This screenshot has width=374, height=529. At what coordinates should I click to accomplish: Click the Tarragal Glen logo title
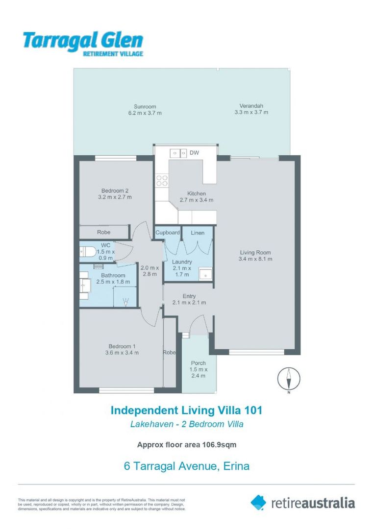83,41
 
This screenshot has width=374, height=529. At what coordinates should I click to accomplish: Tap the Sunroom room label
145,106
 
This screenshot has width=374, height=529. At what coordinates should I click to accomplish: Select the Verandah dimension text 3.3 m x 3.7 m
251,113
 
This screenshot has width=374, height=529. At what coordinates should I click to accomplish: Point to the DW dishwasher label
195,153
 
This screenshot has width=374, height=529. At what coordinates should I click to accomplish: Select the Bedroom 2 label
115,191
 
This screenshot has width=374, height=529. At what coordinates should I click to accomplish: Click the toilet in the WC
88,252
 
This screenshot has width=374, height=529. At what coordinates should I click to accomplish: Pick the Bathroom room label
113,275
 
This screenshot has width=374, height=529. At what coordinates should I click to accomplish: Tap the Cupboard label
168,232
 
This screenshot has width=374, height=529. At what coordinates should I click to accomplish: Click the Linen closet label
198,232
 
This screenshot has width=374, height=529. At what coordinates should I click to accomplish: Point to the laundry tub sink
205,274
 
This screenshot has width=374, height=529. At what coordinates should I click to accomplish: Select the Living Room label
255,252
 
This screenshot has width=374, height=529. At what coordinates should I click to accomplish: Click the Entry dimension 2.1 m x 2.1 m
189,303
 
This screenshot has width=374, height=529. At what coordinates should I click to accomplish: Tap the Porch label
199,363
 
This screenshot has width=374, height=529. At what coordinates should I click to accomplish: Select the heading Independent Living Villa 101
186,410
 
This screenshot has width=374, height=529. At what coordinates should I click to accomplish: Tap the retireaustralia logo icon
258,502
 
